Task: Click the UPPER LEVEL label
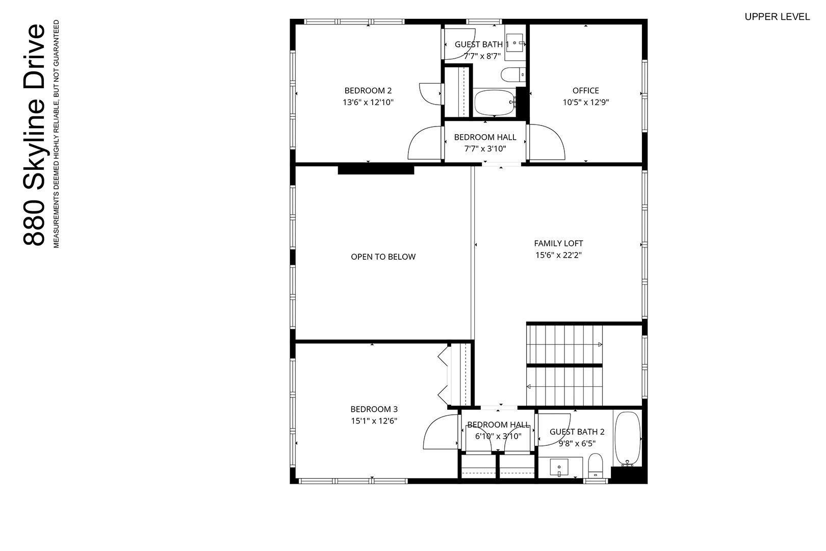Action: pos(778,17)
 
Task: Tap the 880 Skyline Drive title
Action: pos(34,135)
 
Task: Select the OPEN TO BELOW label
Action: pos(383,257)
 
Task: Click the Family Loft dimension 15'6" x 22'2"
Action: pos(558,255)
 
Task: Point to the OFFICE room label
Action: pos(585,90)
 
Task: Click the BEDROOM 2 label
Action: pos(368,90)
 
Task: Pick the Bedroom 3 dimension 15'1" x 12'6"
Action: pos(374,421)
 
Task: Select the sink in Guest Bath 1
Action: pos(515,43)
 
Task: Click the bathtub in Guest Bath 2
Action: pos(628,439)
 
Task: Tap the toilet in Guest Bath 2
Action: pos(595,466)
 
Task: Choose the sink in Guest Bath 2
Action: pos(559,467)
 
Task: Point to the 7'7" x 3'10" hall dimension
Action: pos(485,149)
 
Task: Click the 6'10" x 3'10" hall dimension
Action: pos(498,436)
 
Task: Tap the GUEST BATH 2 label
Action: pos(577,432)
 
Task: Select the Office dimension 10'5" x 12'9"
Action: pos(585,102)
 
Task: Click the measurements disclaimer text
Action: pos(56,134)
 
